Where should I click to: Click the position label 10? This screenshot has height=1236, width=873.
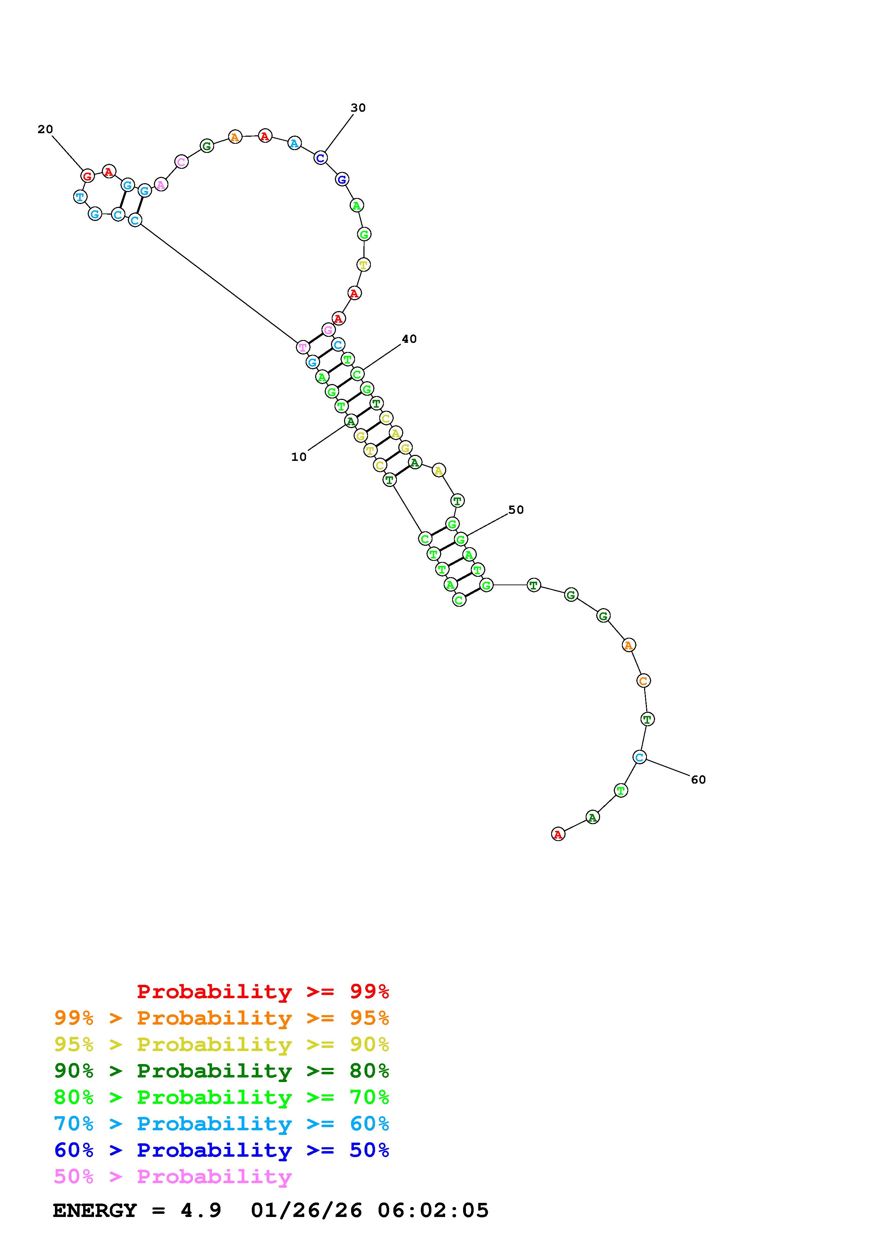(x=299, y=457)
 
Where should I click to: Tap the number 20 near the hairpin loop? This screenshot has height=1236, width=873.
(x=45, y=129)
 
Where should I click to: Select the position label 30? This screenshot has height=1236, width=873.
(x=358, y=108)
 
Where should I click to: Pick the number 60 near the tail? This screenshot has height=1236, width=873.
(x=698, y=779)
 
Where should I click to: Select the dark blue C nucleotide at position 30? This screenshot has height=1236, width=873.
(x=320, y=158)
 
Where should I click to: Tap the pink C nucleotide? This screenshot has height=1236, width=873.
(x=181, y=161)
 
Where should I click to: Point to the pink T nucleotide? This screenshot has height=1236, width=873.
(x=303, y=347)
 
